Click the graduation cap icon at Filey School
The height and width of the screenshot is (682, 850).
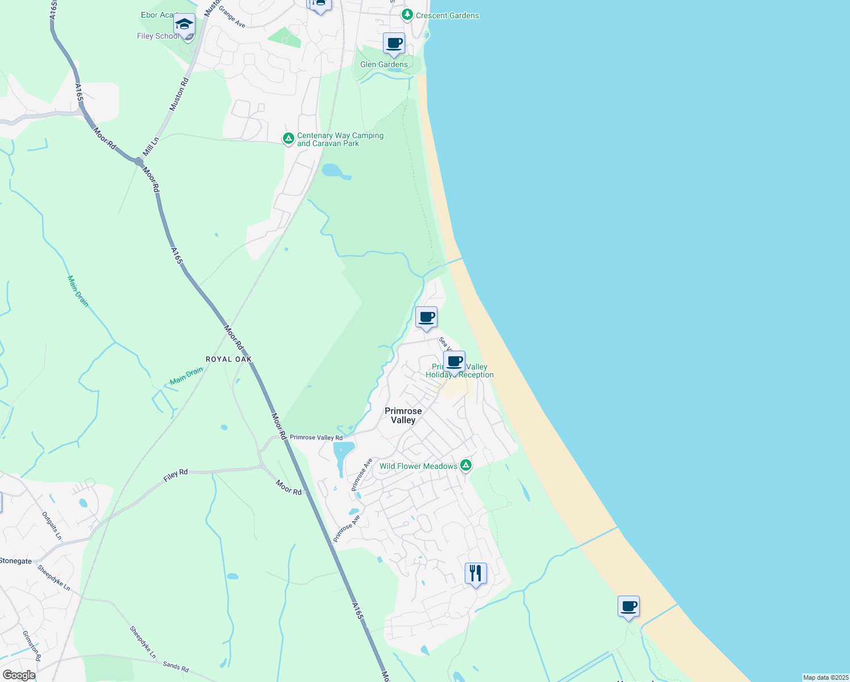[184, 25]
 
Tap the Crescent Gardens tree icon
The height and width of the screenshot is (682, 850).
[407, 15]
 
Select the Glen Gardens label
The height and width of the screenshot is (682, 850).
[384, 65]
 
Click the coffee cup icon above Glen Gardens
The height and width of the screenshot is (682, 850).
[394, 44]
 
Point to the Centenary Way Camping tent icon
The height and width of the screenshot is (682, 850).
[289, 138]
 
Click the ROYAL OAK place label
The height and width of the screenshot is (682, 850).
[228, 359]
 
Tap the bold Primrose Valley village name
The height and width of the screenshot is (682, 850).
[403, 415]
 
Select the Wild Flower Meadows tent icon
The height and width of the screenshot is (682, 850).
[466, 466]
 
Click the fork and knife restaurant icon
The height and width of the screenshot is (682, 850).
[476, 573]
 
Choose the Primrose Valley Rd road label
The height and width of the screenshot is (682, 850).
[316, 438]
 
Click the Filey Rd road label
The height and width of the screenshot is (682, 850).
[176, 476]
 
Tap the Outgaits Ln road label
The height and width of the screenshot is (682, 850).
[52, 525]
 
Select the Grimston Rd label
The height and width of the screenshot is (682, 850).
[32, 646]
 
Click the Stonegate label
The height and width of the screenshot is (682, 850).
[15, 561]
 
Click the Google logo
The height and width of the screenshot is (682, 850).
[19, 675]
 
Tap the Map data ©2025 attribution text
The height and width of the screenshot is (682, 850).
[825, 677]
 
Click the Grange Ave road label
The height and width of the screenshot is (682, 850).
[232, 17]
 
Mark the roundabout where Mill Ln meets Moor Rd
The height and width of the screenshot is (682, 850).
[139, 162]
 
